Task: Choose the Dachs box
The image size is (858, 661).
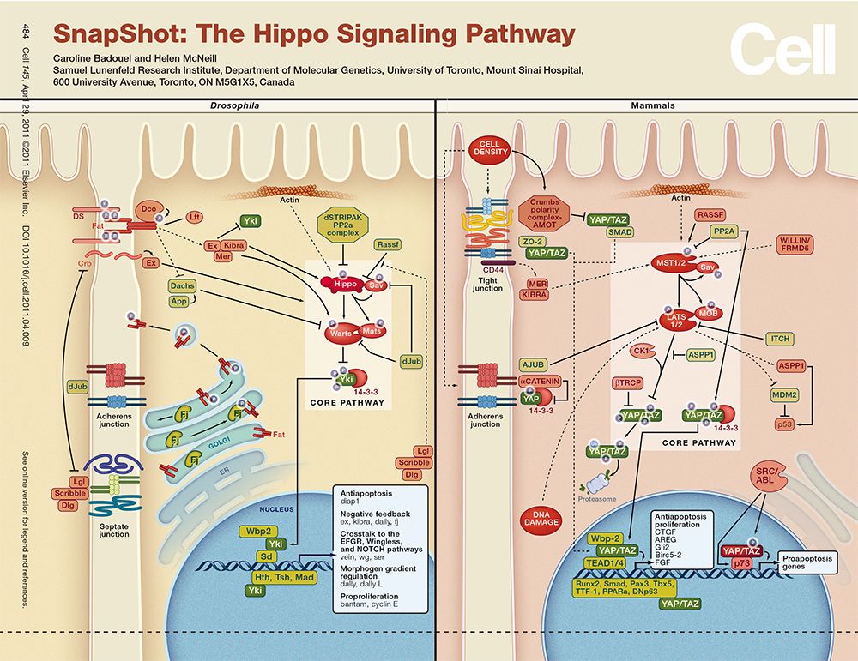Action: (x=181, y=286)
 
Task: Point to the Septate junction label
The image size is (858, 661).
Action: (x=112, y=530)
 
